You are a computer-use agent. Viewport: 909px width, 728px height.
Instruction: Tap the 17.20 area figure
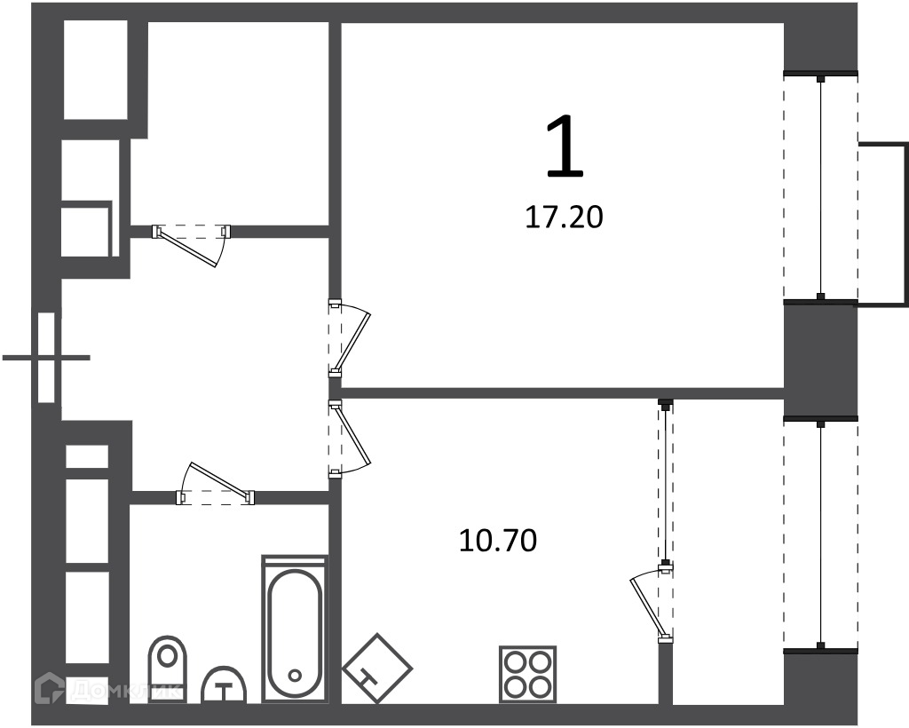pos(564,218)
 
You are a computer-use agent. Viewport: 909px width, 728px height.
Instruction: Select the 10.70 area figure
pos(498,540)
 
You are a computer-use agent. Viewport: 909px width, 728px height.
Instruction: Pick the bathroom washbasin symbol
pos(223,685)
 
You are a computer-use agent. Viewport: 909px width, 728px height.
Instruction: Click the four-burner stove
pos(527,675)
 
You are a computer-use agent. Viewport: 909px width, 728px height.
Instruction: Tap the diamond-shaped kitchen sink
pos(376,669)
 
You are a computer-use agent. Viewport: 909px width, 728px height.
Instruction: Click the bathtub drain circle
pos(295,676)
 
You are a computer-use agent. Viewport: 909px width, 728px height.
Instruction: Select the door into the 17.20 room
pos(350,338)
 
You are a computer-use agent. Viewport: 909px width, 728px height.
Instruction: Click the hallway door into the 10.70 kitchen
pos(350,439)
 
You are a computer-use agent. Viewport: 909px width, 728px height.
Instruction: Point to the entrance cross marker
pos(46,358)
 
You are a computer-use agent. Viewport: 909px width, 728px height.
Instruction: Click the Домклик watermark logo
pos(107,689)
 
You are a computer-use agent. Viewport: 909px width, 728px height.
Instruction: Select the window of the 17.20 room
pos(820,186)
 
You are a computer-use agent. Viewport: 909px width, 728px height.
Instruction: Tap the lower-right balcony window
pos(820,534)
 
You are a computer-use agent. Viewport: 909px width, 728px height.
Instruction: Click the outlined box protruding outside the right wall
pos(883,223)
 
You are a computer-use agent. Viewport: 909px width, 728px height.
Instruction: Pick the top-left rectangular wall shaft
pos(96,69)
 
